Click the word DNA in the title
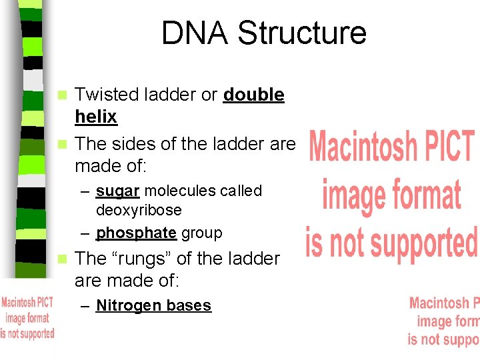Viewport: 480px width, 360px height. click(x=194, y=33)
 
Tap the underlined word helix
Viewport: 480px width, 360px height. click(x=96, y=117)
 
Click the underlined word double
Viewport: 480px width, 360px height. click(x=254, y=95)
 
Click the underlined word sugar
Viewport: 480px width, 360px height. click(x=117, y=191)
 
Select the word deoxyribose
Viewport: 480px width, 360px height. click(x=139, y=211)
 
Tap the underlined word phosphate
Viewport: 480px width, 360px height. click(x=137, y=233)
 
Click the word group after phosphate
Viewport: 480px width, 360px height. click(x=201, y=233)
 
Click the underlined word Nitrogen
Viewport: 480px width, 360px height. click(x=129, y=306)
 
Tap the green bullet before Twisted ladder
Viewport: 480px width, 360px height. click(x=63, y=95)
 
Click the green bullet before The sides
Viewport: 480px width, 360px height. click(x=63, y=144)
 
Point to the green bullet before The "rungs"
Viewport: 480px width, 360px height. click(x=63, y=259)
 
